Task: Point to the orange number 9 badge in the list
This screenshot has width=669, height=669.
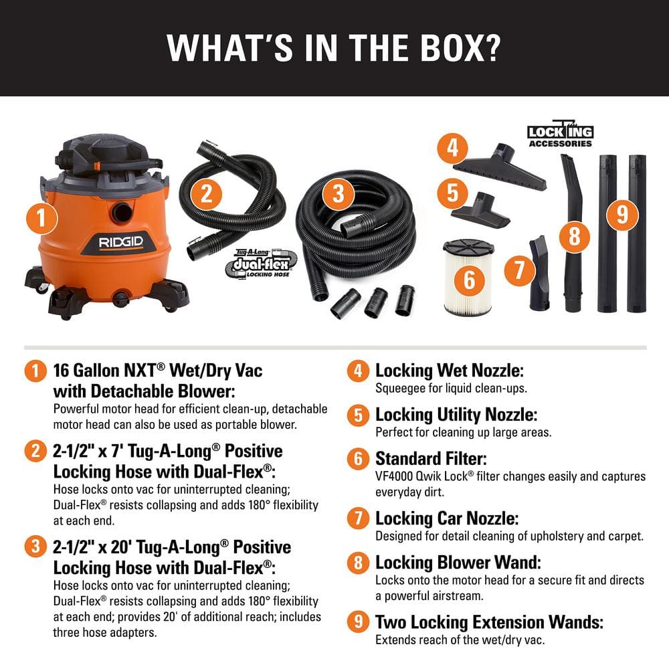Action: click(x=359, y=622)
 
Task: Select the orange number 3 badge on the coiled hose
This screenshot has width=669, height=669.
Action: click(x=339, y=194)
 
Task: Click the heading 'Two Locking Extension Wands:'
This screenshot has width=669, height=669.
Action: click(x=489, y=622)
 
